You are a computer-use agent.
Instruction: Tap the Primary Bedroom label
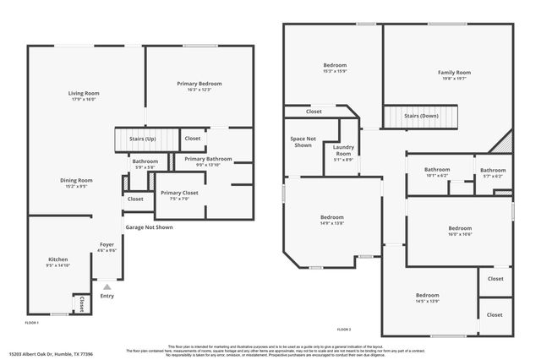point(199,83)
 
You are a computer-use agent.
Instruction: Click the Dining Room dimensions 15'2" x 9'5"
point(76,186)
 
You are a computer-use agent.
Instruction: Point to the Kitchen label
point(57,259)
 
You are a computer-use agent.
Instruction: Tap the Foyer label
point(107,244)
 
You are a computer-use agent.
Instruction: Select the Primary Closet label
point(178,193)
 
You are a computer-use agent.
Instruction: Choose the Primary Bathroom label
point(208,159)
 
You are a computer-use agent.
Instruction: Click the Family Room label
point(454,73)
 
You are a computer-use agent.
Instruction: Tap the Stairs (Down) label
point(421,115)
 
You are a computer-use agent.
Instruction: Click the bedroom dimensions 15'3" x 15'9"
point(335,71)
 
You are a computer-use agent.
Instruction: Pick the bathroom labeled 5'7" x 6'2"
point(493,176)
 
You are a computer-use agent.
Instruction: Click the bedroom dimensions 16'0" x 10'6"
point(460,234)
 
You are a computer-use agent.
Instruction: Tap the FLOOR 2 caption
point(343,329)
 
